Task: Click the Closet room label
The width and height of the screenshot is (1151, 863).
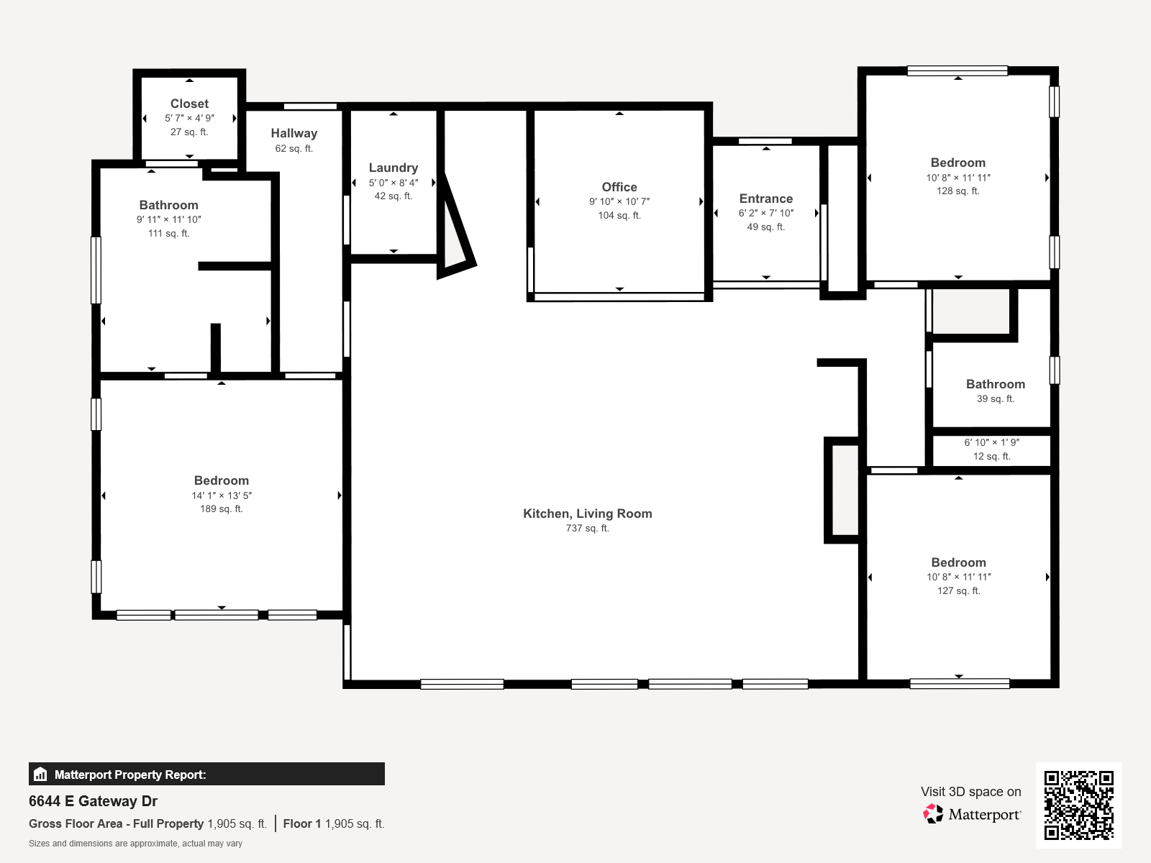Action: (x=189, y=104)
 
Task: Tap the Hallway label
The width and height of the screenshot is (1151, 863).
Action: (x=294, y=134)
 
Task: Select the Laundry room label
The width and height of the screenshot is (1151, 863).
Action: (x=393, y=168)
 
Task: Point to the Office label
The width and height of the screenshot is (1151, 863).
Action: (x=619, y=187)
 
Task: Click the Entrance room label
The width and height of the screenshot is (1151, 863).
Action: (x=766, y=198)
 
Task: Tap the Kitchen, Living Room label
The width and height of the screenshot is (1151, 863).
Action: (x=587, y=513)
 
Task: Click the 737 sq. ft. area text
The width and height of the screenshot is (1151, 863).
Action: (x=587, y=528)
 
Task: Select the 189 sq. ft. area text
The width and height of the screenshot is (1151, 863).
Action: (x=222, y=508)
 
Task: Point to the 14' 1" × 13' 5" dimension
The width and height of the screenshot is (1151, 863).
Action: (x=222, y=496)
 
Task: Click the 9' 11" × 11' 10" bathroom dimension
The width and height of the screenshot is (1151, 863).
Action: (x=169, y=219)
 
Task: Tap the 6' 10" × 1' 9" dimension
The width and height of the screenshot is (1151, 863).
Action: (x=991, y=443)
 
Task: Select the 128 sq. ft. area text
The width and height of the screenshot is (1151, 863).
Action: (x=958, y=191)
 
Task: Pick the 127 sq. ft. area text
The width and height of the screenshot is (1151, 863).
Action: (x=958, y=590)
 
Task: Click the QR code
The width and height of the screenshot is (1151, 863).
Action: (x=1078, y=805)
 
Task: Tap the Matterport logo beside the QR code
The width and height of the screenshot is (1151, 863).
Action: (x=972, y=814)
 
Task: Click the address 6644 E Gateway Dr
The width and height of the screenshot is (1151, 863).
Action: (x=93, y=801)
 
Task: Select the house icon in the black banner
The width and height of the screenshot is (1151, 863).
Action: (x=40, y=774)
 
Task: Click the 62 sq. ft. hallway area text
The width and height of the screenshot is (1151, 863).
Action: (x=294, y=148)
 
